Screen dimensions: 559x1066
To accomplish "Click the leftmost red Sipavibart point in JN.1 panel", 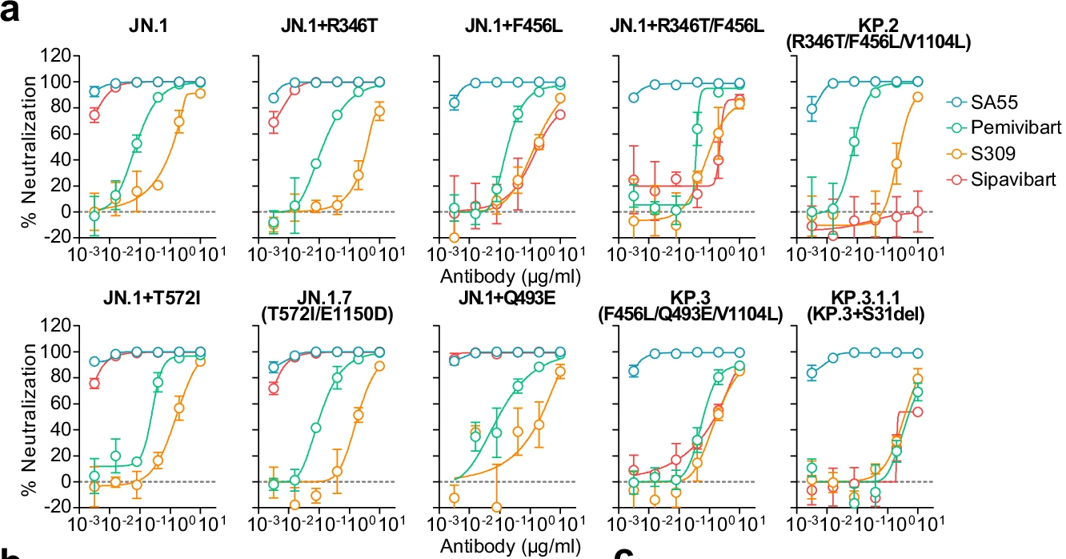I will pos(94,115).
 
